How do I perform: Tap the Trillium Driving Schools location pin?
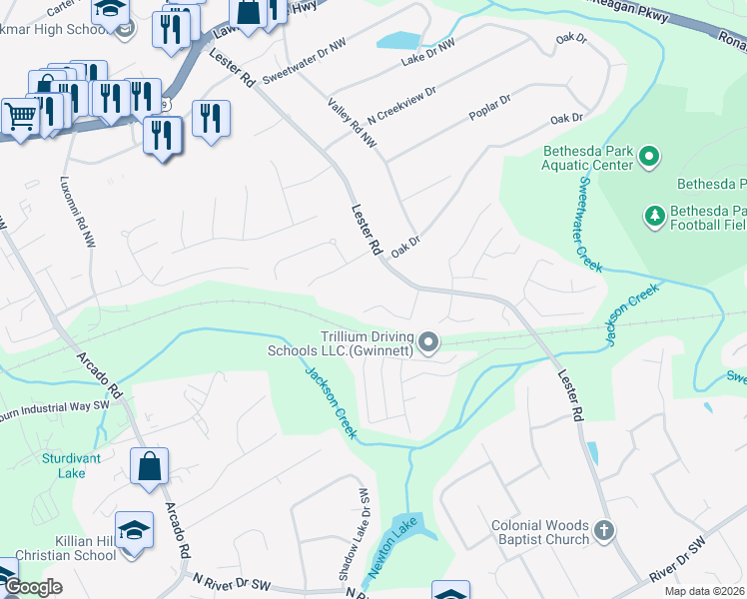click(x=429, y=343)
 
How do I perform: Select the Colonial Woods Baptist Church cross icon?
click(x=602, y=531)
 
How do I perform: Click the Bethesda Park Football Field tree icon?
click(x=655, y=216)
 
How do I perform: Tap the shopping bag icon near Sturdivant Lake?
click(x=149, y=465)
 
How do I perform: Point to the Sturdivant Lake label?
click(x=64, y=465)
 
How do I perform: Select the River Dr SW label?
click(x=677, y=562)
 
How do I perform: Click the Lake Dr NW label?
click(x=427, y=52)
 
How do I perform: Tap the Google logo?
click(x=33, y=587)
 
